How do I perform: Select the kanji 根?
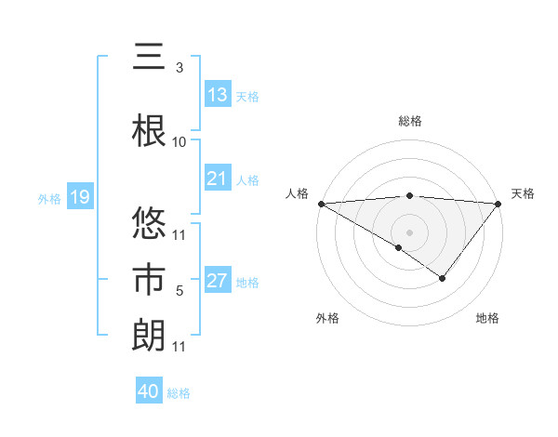point(149,130)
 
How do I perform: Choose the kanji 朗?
point(149,335)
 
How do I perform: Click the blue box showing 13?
point(218,95)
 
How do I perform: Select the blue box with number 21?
point(218,179)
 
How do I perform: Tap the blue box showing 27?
point(218,282)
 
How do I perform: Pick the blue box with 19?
point(79,197)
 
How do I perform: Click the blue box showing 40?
point(149,391)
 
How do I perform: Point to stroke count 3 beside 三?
point(179,68)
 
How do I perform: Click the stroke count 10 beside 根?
point(179,142)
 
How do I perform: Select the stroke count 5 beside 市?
point(179,291)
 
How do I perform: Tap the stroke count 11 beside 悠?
point(179,234)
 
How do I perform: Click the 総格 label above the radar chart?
point(410,121)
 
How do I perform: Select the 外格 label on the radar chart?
point(327,318)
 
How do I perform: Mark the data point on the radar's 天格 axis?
point(498,204)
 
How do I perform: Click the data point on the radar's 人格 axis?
point(321,204)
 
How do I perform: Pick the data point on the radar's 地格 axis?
point(443,278)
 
